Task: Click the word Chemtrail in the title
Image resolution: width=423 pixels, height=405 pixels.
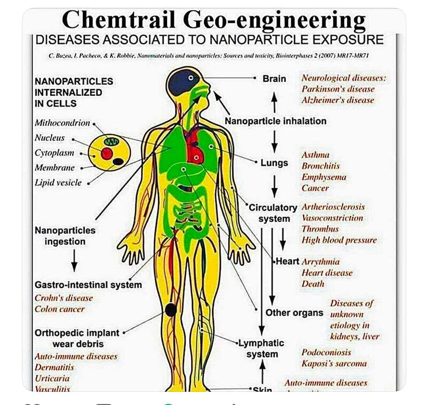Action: click(x=119, y=19)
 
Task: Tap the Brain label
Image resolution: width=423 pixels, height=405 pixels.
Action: click(x=274, y=79)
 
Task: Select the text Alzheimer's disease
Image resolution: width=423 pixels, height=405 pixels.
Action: click(x=338, y=100)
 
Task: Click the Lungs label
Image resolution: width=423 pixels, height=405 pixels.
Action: click(x=274, y=163)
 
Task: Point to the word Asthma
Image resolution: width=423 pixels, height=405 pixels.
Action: click(x=315, y=155)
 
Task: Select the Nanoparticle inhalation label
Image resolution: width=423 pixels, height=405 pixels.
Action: click(x=275, y=121)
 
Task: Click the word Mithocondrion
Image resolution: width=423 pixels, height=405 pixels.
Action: click(x=62, y=123)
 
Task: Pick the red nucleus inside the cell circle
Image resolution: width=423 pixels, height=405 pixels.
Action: click(x=107, y=153)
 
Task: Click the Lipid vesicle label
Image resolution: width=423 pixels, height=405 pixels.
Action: click(x=58, y=183)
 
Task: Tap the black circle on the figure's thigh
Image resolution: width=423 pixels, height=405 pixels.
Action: click(x=171, y=310)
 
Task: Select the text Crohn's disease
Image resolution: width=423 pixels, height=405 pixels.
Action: click(x=64, y=298)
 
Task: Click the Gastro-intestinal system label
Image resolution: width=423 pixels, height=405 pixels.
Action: click(x=88, y=285)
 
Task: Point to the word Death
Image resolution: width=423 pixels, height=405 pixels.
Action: click(x=313, y=284)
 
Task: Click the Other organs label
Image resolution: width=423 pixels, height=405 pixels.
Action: click(x=294, y=313)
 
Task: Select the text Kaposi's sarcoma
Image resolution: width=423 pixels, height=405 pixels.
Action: click(x=334, y=364)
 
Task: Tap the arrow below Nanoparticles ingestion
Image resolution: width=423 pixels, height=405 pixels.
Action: click(x=74, y=261)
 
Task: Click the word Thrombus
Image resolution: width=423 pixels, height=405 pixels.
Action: click(x=320, y=229)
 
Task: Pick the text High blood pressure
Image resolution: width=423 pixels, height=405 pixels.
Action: click(x=339, y=240)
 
